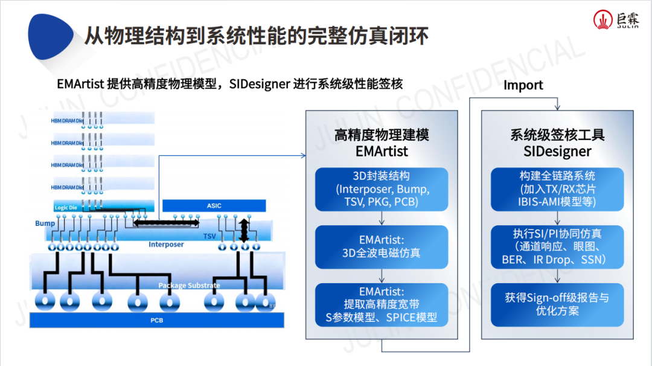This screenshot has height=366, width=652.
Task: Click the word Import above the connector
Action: coord(523,85)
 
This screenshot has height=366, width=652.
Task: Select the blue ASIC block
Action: coord(214,205)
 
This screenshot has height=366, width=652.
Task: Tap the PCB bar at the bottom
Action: coord(157,319)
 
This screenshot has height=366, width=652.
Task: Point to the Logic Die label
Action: coord(66,207)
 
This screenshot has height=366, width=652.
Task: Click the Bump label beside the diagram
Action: coord(45,223)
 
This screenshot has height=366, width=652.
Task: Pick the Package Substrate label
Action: coord(189,285)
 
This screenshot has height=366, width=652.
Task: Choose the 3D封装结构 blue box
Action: coord(382,188)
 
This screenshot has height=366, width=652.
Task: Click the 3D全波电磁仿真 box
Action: coord(382,246)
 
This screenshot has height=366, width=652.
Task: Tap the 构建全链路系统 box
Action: coord(557,188)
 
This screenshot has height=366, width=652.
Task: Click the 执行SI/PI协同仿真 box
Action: coord(557,246)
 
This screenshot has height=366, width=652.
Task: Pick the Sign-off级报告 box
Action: coord(557,304)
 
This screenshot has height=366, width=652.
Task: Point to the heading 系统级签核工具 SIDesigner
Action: coord(557,143)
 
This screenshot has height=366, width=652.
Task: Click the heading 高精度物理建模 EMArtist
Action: coord(382,143)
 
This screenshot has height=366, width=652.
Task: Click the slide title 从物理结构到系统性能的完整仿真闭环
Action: coord(256,36)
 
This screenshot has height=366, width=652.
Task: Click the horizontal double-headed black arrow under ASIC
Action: coord(165,223)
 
